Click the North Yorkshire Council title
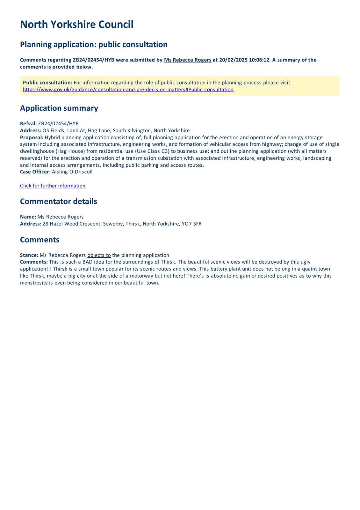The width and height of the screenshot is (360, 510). pos(76,25)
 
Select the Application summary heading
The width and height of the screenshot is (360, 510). pos(59,108)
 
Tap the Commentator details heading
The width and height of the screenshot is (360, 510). pos(58,201)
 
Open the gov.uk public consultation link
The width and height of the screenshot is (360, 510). pos(128,90)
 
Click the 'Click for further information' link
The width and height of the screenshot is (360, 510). pos(53,186)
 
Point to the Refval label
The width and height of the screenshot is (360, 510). pos(28,124)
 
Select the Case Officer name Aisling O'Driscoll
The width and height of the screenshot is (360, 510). pos(72,172)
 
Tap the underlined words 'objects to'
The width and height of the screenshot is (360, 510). pos(99,255)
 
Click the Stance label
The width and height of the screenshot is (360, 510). pos(29,255)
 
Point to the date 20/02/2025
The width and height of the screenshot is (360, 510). pos(233,60)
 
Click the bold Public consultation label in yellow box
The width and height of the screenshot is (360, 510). pos(47,83)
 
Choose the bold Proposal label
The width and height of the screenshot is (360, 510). pos(32,137)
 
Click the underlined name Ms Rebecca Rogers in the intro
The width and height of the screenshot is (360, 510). pos(188,60)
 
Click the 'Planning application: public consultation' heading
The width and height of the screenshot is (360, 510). pos(94,44)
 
